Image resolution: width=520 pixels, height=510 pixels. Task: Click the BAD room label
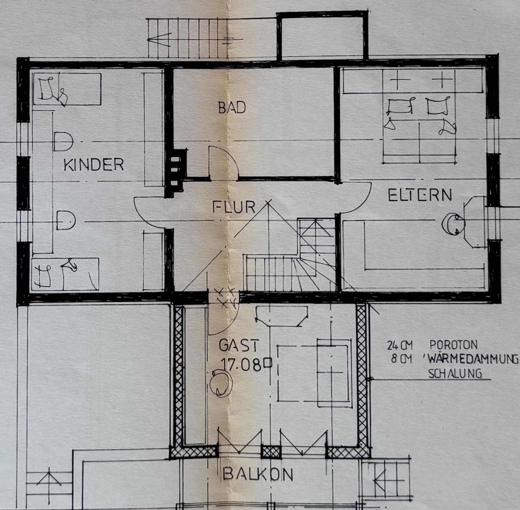232,108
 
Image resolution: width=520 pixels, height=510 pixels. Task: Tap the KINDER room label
94,164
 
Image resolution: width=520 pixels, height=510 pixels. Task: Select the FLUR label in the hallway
234,207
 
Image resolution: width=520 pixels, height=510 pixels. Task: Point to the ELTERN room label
420,195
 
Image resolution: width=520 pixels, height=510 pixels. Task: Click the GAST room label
239,346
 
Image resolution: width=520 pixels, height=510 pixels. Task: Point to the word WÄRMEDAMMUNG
473,359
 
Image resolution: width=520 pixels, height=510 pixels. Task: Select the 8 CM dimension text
401,359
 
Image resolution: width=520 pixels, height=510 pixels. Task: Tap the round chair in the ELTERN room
453,224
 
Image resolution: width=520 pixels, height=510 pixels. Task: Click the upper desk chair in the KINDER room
63,142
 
